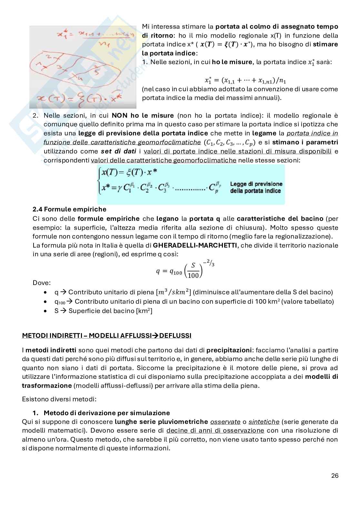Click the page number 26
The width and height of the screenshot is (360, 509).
[x=335, y=475]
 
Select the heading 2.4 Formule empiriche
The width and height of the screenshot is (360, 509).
[x=69, y=209]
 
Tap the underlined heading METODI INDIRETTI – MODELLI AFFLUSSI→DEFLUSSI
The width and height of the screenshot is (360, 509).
[x=106, y=336]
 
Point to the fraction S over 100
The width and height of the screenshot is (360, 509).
[x=193, y=270]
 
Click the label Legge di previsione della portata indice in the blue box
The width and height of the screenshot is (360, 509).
[x=256, y=187]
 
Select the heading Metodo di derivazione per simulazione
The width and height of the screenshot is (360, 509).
[x=106, y=413]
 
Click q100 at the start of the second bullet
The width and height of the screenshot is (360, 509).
[x=59, y=302]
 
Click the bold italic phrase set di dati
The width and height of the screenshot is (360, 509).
[x=118, y=151]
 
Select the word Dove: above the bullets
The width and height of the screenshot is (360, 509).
[x=42, y=283]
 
